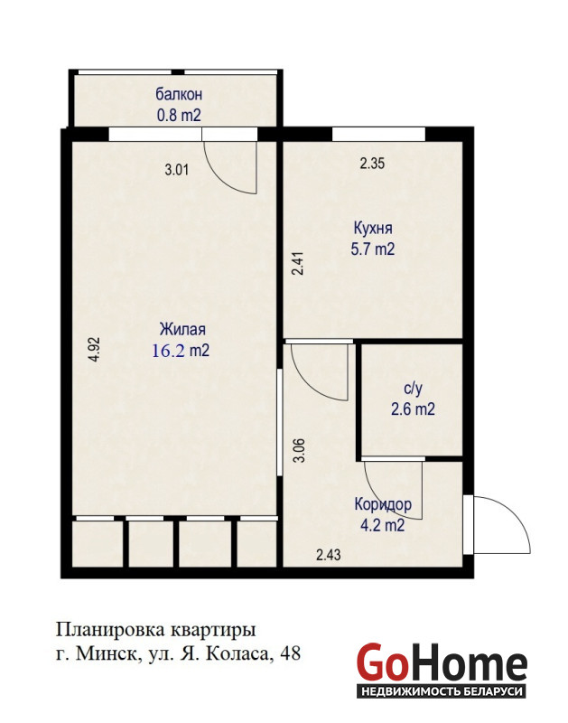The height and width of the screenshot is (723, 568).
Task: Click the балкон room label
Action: pos(179,94)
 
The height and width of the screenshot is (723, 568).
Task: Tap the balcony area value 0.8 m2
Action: pos(179,115)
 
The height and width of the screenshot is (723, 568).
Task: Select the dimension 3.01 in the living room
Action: pos(177,170)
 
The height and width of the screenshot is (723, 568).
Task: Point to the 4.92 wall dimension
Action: pos(94,350)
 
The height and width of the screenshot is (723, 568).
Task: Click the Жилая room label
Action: pos(182,329)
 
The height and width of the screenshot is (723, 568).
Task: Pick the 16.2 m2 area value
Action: pos(181,351)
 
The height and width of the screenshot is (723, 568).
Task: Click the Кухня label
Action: pos(373,228)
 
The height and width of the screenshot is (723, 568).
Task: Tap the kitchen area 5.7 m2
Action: pos(373,249)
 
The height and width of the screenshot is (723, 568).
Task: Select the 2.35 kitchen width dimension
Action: pos(372,164)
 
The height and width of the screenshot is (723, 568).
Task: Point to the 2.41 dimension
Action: pos(299,263)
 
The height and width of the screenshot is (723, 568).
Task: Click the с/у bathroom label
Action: pos(413,389)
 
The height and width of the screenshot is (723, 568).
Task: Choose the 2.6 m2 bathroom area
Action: pos(413,409)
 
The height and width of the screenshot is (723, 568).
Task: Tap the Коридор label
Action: pos(383,504)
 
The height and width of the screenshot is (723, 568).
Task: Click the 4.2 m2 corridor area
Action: pos(382,525)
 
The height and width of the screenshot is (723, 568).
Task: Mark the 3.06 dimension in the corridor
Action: pos(300,450)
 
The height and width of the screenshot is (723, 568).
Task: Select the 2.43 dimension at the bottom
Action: pos(329,554)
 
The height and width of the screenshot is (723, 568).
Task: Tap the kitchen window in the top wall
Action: pos(378,134)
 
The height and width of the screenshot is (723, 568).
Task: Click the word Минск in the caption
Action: pos(106,653)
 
